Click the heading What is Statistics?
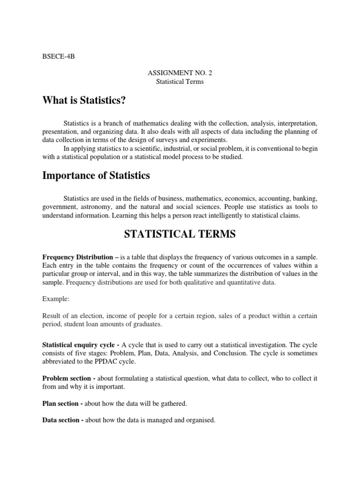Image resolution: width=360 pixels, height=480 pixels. [84, 101]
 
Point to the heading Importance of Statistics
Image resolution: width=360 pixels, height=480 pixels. [96, 176]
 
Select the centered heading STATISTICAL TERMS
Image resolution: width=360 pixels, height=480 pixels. [180, 235]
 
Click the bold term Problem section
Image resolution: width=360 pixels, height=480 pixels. [66, 378]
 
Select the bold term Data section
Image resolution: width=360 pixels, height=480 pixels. [61, 420]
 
